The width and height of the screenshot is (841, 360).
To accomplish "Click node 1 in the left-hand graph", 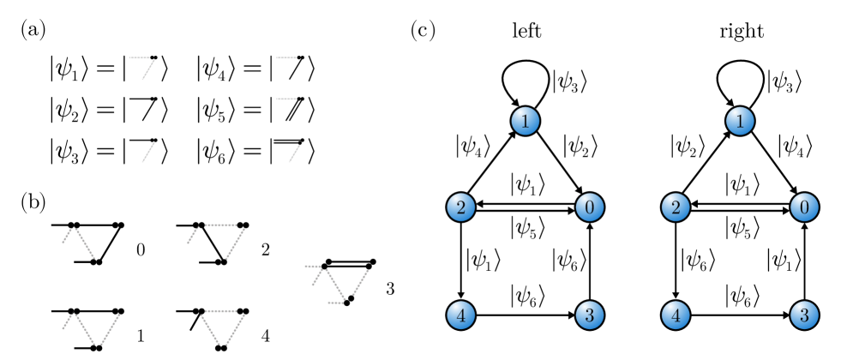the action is [525, 122].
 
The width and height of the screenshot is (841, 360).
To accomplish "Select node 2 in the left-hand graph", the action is [460, 207].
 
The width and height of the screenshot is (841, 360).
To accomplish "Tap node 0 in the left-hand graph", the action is [589, 207].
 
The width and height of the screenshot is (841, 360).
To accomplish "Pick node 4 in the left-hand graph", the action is [460, 315].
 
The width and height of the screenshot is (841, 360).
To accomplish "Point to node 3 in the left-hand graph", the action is [589, 315].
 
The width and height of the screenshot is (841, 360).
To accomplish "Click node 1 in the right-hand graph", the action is [740, 122].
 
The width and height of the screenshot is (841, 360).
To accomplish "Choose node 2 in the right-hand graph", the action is [676, 207].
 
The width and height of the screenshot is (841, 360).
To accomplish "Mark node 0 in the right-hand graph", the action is [804, 207].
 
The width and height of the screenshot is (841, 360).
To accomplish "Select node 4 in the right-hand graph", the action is [676, 315].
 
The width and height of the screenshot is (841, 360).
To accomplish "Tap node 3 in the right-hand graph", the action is [804, 315].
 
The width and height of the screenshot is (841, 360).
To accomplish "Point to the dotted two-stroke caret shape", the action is [79, 242].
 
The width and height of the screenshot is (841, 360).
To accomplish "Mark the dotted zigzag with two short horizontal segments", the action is [337, 285].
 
